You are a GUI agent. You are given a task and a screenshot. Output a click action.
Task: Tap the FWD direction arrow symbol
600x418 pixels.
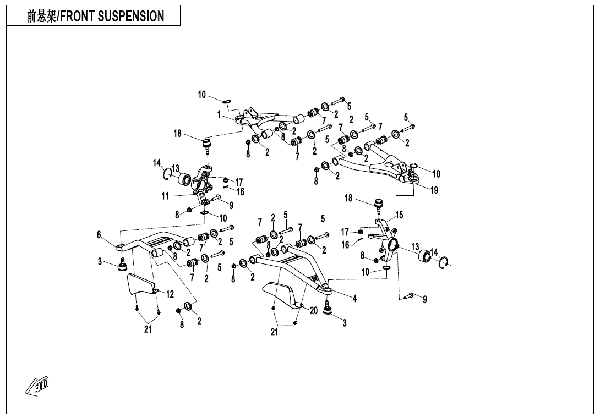(37, 386)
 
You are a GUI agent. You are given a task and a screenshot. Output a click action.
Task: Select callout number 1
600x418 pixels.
(219, 114)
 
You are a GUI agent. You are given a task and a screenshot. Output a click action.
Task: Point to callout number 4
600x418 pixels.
(355, 299)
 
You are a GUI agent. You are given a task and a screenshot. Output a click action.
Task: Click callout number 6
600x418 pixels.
(99, 235)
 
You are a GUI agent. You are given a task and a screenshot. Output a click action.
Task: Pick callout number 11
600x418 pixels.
(165, 196)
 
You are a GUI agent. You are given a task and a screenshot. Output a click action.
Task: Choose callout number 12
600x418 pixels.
(170, 295)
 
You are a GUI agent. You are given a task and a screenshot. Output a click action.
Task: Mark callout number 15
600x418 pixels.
(399, 215)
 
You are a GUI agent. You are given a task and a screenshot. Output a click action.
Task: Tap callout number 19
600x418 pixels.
(434, 190)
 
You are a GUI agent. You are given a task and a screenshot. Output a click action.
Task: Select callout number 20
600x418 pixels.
(313, 311)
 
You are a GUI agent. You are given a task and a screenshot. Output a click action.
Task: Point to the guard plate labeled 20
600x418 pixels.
(284, 295)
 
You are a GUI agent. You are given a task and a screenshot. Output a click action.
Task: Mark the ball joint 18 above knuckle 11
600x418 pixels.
(208, 146)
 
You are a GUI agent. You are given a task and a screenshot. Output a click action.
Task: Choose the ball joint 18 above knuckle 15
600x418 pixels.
(379, 206)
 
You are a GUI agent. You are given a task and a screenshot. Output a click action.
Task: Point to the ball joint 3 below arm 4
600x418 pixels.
(328, 311)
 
